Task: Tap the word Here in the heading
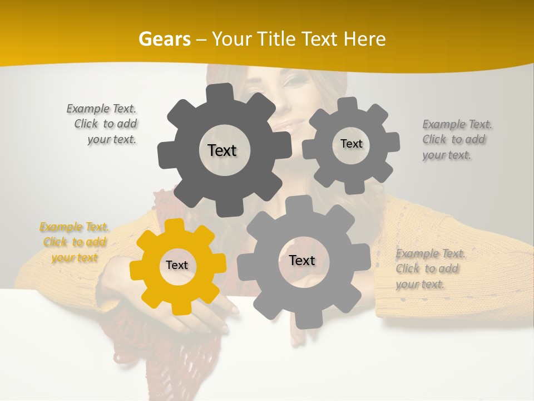(365, 39)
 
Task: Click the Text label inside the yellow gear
(177, 266)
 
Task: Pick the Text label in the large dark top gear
(222, 150)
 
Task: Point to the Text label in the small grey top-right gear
(351, 144)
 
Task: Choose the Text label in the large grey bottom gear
(302, 261)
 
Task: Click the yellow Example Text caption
(74, 242)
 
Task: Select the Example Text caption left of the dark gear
(103, 124)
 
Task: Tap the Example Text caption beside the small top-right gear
(456, 140)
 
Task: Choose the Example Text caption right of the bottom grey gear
(429, 269)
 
